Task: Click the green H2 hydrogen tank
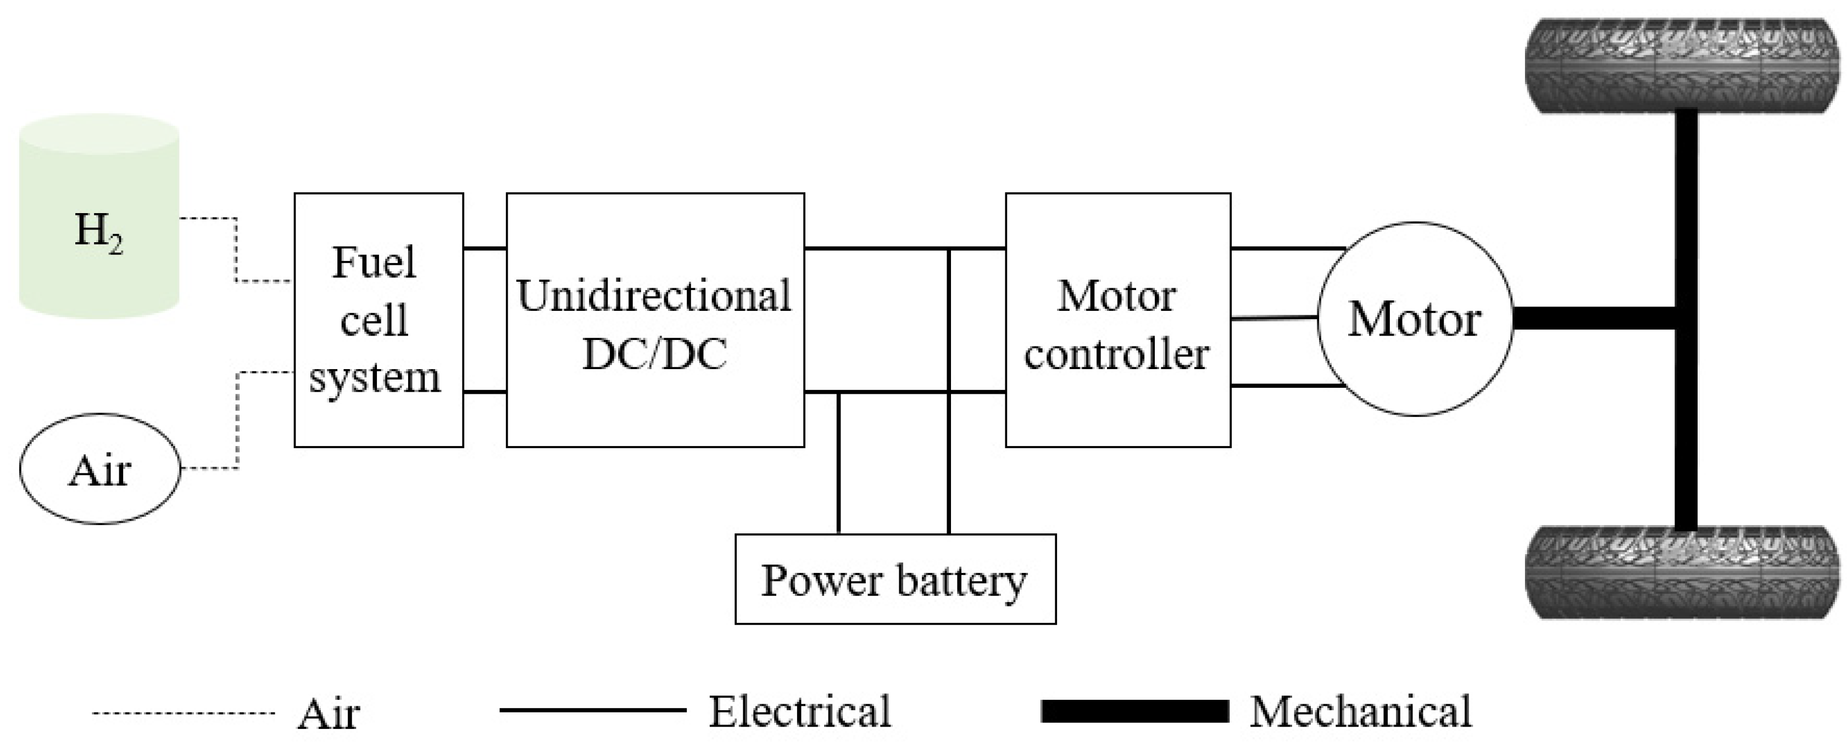98,215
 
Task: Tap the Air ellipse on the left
99,469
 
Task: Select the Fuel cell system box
379,320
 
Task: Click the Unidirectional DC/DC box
655,320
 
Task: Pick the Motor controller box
1117,320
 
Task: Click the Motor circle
1415,319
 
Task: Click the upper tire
1682,65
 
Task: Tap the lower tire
1682,572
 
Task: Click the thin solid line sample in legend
592,710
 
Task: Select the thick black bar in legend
1134,711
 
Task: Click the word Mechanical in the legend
1360,712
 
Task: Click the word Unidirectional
653,296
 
